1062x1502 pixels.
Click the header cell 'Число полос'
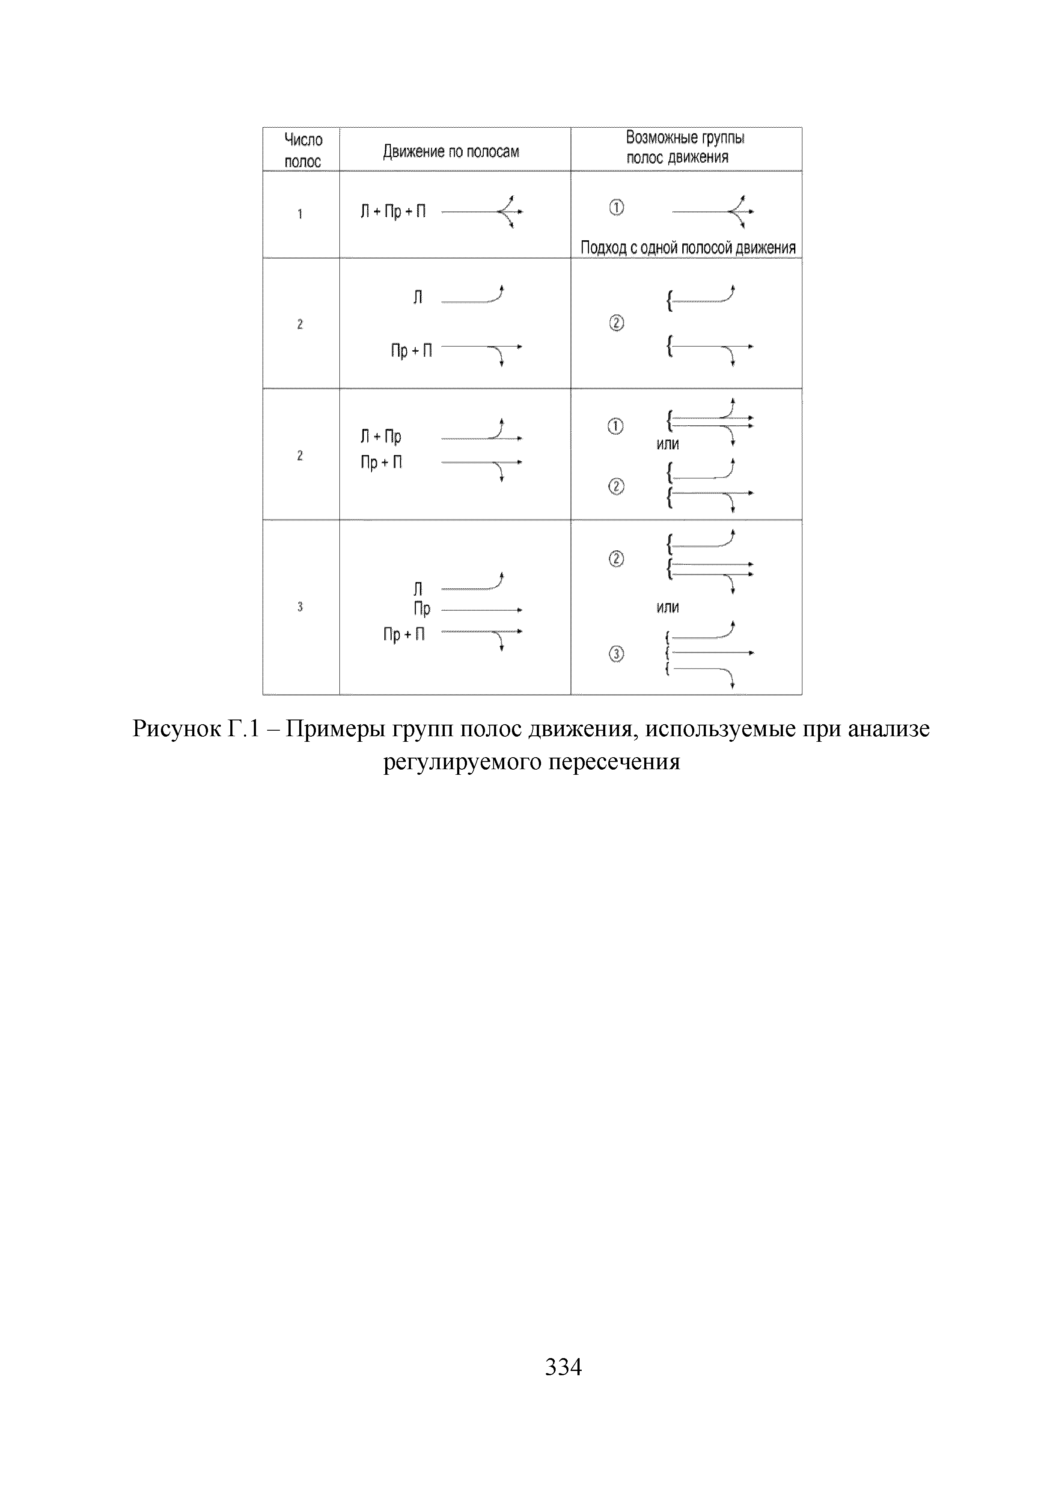pos(302,150)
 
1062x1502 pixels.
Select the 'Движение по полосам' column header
pos(451,152)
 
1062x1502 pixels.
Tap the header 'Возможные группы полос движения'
pos(685,148)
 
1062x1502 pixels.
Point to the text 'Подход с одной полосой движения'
pos(687,248)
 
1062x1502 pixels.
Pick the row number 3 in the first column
pos(300,607)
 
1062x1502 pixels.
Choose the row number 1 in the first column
pos(300,214)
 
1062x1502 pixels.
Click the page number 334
pos(563,1367)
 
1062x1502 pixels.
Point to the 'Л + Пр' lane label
pos(381,436)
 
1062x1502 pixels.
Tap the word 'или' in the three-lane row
pos(668,607)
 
